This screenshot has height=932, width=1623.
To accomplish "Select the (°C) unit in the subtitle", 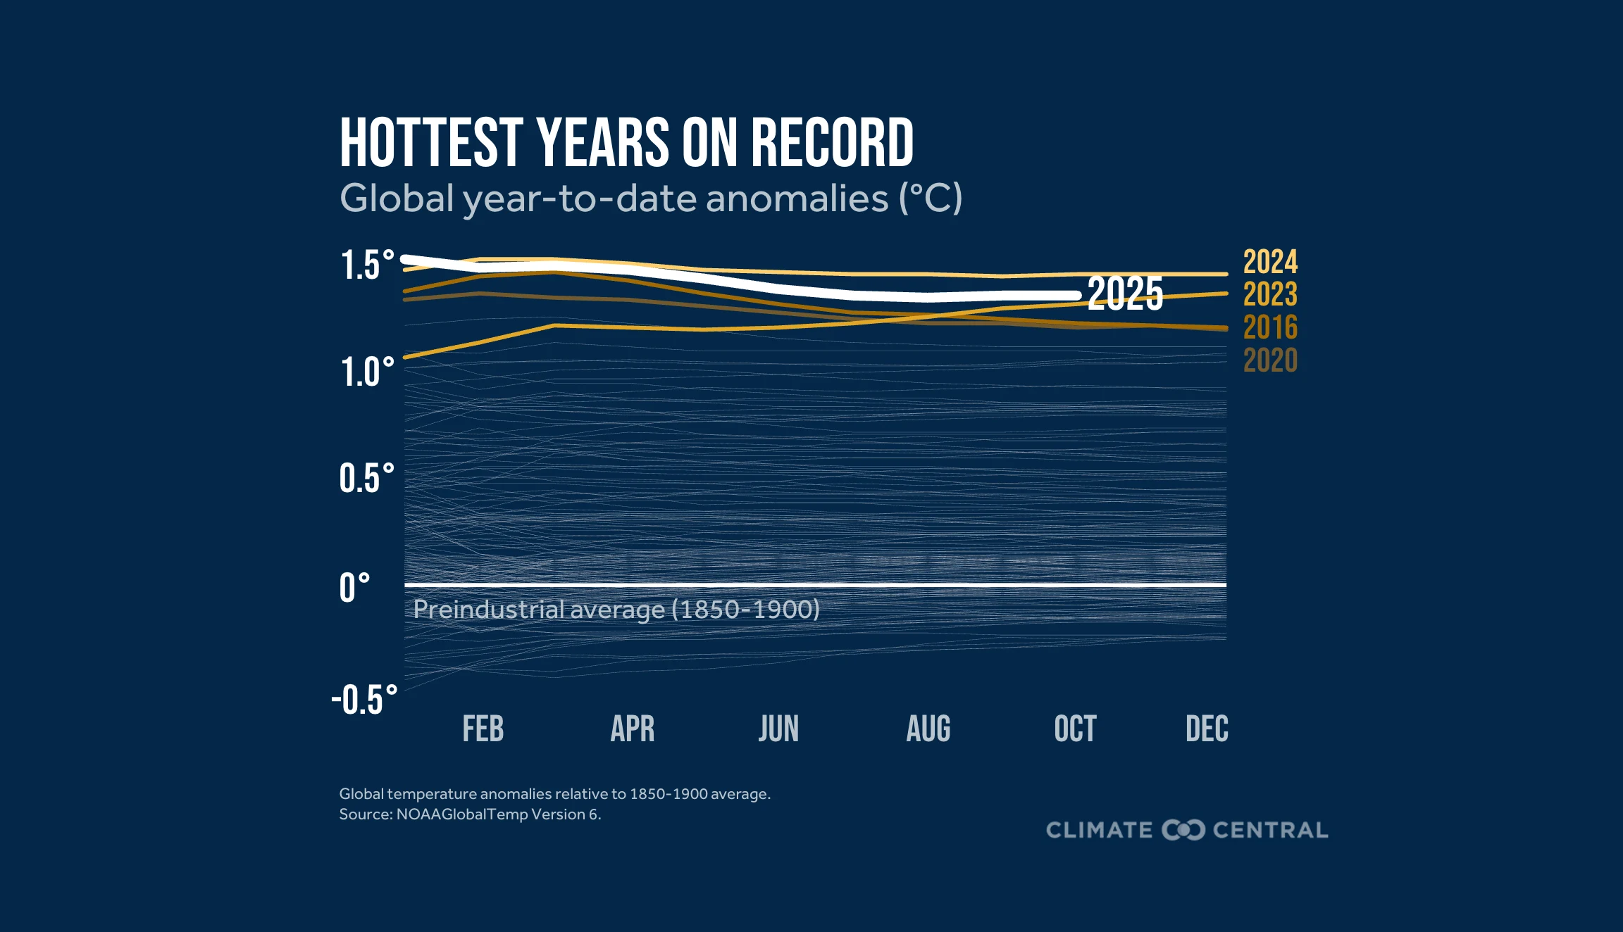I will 930,199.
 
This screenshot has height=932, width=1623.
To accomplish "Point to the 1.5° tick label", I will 367,265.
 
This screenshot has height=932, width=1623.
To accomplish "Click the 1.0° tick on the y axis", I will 367,372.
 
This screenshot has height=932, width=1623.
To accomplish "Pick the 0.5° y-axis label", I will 366,479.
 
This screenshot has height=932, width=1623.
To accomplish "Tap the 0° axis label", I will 354,588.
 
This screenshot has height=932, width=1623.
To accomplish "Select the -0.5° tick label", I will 364,700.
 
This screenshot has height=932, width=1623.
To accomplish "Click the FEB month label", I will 483,729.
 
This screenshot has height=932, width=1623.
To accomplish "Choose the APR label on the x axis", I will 633,729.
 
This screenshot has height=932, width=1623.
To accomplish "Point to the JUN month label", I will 778,729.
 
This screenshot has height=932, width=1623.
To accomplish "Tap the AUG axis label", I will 928,729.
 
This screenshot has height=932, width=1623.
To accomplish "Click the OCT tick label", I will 1075,729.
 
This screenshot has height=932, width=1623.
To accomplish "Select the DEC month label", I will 1207,729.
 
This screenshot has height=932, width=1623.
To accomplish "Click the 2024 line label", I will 1270,263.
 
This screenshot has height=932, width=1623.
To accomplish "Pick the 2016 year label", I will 1270,328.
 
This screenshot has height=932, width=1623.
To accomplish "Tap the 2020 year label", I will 1270,361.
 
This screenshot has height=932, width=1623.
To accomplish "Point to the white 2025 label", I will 1125,294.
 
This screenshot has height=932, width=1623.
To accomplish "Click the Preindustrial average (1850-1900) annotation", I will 616,610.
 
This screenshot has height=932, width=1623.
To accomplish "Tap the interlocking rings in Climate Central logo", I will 1183,830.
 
